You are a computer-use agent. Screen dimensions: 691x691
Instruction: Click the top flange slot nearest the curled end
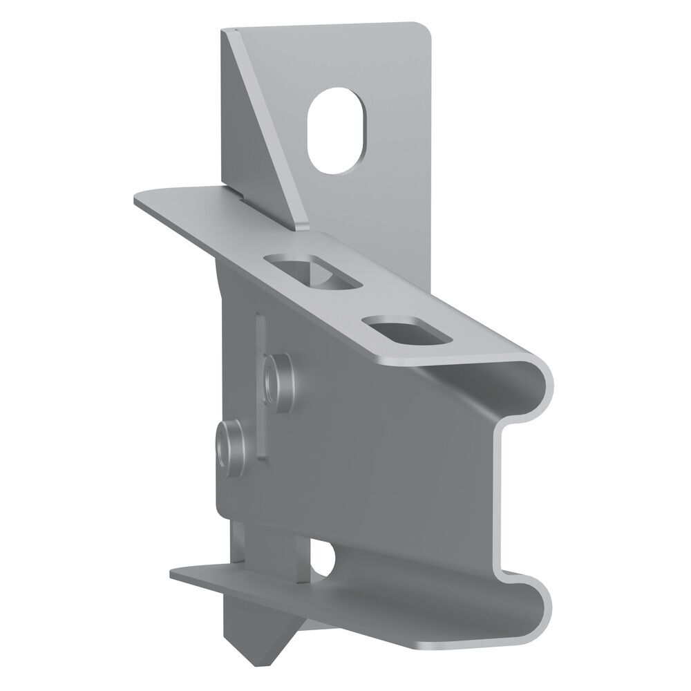tap(408, 330)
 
